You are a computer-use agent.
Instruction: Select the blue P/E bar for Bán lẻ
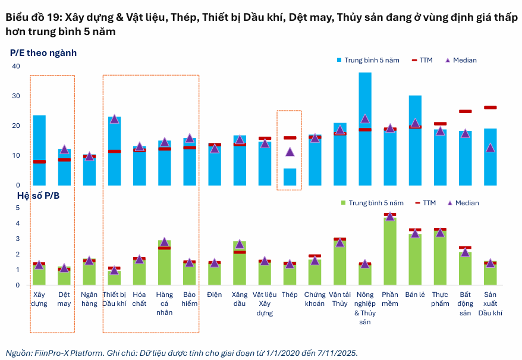[415, 140]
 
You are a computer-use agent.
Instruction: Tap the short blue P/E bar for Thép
[290, 177]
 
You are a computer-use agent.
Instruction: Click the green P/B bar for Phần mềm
[390, 250]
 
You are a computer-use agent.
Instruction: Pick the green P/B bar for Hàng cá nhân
[164, 262]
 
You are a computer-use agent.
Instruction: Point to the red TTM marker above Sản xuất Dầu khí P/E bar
[490, 108]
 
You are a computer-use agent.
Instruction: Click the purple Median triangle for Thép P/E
[290, 152]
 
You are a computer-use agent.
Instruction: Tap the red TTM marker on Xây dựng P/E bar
[39, 162]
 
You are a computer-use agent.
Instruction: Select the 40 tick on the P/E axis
[16, 66]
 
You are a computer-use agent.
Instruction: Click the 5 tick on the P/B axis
[17, 208]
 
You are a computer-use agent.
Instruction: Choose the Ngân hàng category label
[89, 299]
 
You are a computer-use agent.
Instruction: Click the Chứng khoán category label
[315, 299]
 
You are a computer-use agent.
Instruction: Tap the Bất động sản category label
[465, 303]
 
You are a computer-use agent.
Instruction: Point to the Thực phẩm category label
[440, 299]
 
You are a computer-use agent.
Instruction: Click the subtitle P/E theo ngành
[43, 53]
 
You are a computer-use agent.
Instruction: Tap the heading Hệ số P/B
[34, 195]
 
